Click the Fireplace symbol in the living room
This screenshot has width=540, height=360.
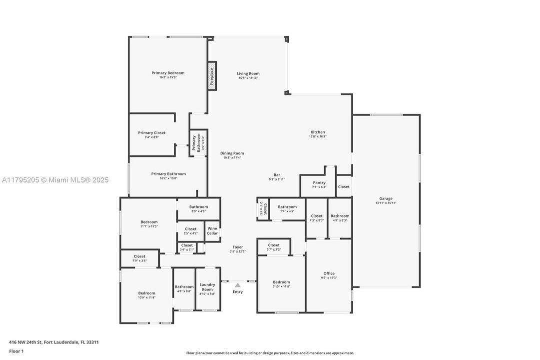click(212, 76)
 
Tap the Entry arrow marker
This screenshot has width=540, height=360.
click(238, 285)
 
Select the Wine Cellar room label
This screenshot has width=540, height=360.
click(212, 230)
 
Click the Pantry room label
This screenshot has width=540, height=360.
click(319, 182)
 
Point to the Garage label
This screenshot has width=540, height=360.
click(386, 198)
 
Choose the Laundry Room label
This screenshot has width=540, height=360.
click(207, 287)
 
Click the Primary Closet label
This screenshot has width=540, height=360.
click(151, 132)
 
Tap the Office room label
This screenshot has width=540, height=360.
click(329, 273)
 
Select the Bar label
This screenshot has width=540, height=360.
click(277, 174)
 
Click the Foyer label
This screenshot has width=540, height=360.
click(238, 247)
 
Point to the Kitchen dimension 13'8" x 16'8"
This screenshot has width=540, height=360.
click(318, 136)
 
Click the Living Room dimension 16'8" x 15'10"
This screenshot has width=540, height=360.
click(248, 77)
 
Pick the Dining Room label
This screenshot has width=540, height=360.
click(232, 153)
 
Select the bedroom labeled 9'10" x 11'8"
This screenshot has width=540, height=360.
click(281, 282)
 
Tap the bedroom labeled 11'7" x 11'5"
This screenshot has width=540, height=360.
click(149, 222)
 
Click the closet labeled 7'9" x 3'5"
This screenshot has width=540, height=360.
click(140, 256)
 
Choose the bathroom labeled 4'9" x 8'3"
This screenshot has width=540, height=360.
click(340, 216)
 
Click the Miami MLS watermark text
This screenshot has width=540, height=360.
click(54, 180)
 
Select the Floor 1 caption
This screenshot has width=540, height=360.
click(16, 351)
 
